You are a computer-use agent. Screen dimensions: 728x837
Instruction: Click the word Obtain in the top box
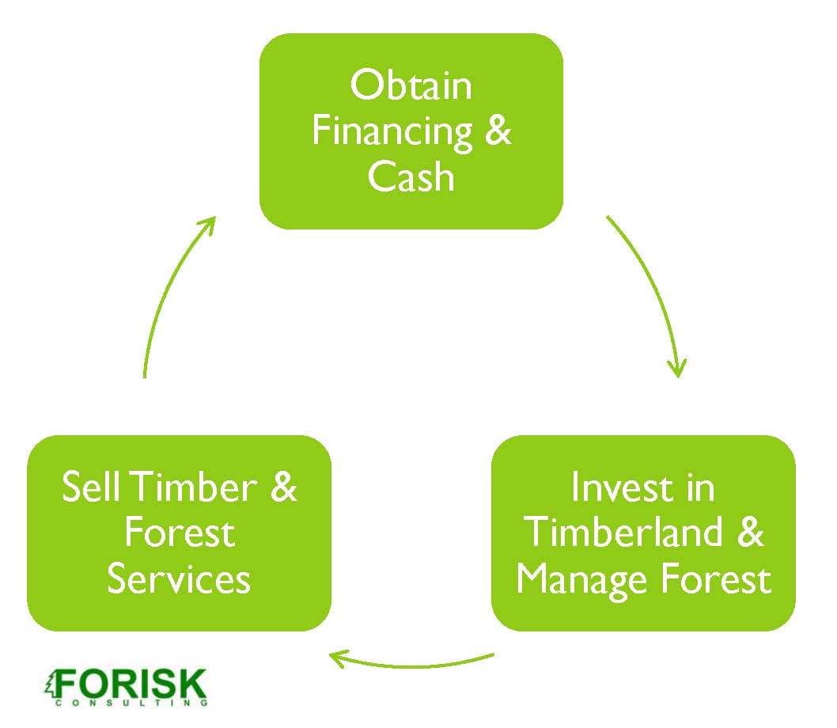(411, 85)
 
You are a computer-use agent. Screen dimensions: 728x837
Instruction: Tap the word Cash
(411, 176)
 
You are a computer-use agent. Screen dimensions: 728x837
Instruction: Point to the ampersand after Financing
(496, 131)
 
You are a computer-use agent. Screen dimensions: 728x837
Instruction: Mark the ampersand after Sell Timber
(282, 487)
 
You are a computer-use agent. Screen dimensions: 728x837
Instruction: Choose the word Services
(179, 579)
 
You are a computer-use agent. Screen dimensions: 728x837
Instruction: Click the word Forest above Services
(180, 533)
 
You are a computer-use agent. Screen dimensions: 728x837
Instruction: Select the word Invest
(614, 487)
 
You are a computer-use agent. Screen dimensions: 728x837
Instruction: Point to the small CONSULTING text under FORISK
(131, 702)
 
